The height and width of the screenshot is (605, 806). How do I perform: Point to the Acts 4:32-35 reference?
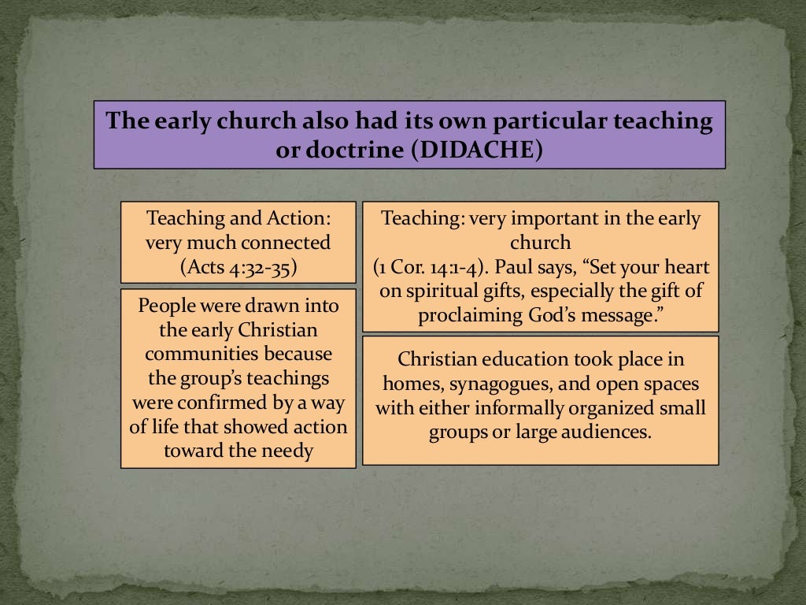point(238,266)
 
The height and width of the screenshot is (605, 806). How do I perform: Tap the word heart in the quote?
point(687,267)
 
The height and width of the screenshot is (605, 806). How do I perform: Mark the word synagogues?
point(496,384)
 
